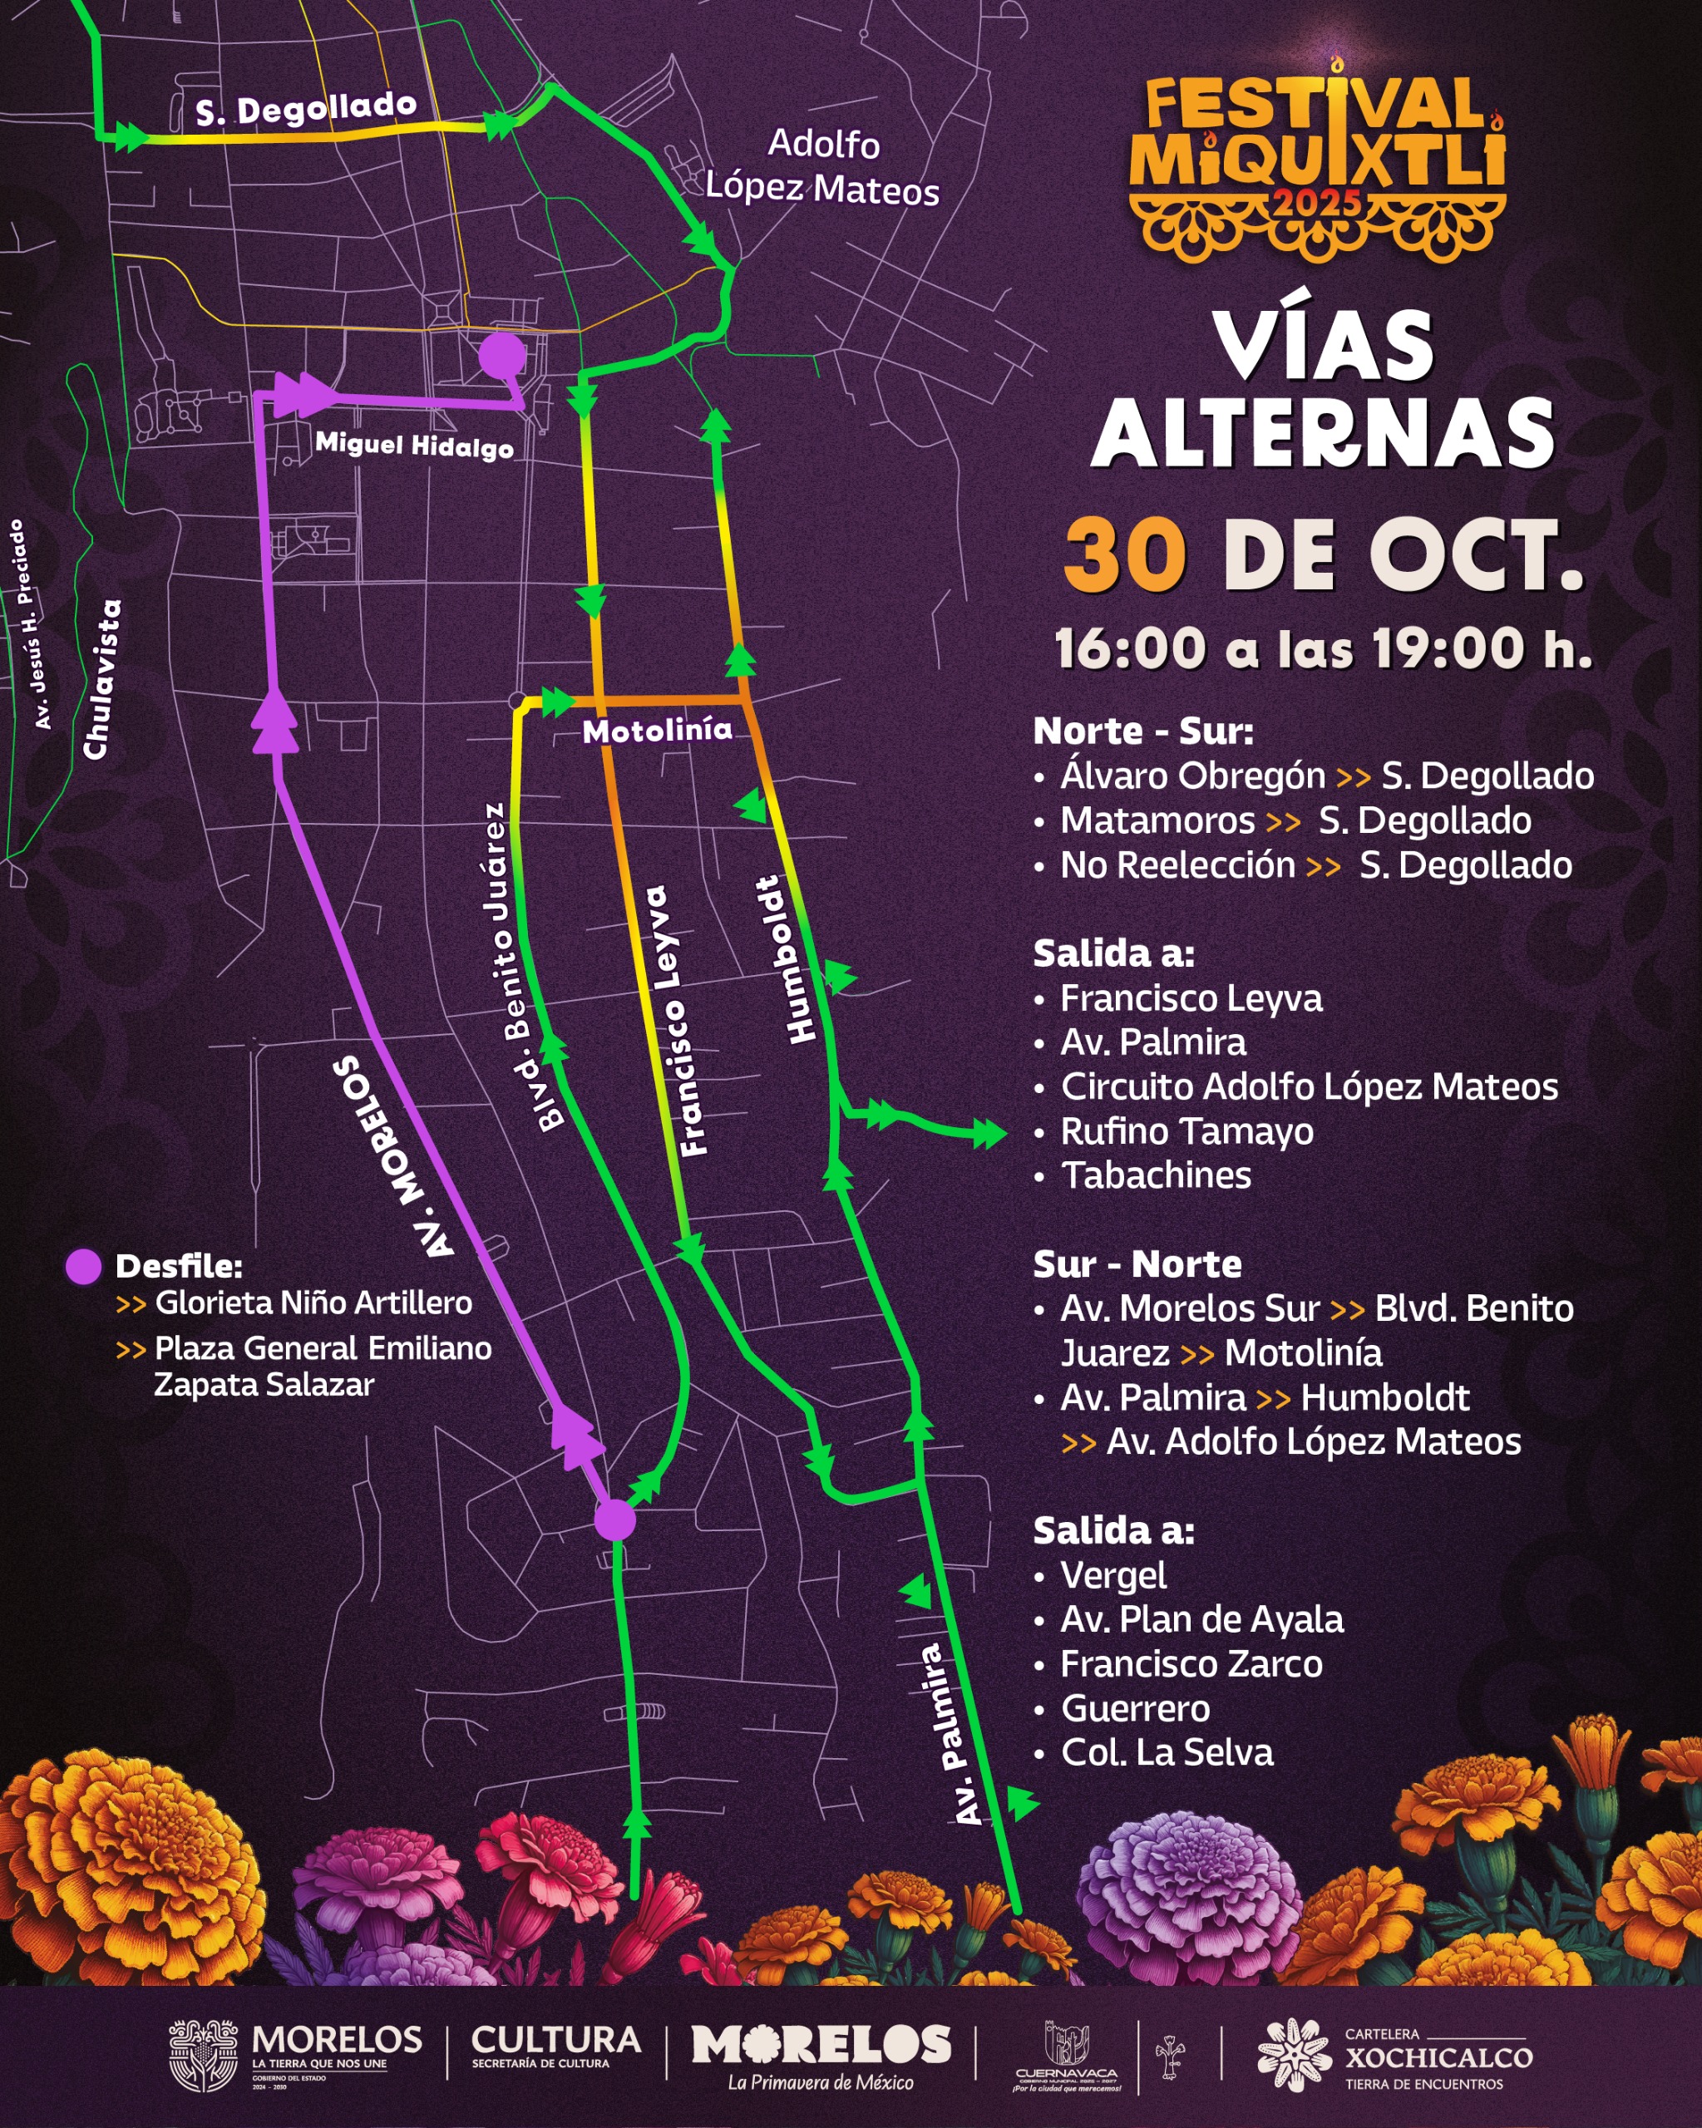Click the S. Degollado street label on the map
306,107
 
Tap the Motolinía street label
657,731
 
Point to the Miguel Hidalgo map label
414,446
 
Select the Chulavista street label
102,680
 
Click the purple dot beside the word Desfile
83,1266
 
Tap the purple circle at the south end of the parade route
615,1520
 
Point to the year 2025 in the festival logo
1317,204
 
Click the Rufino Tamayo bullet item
1186,1131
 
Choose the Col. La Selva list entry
1166,1752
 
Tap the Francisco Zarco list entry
1191,1664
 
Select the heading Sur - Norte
1137,1264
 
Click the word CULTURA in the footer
555,2039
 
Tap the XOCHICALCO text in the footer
1438,2057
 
